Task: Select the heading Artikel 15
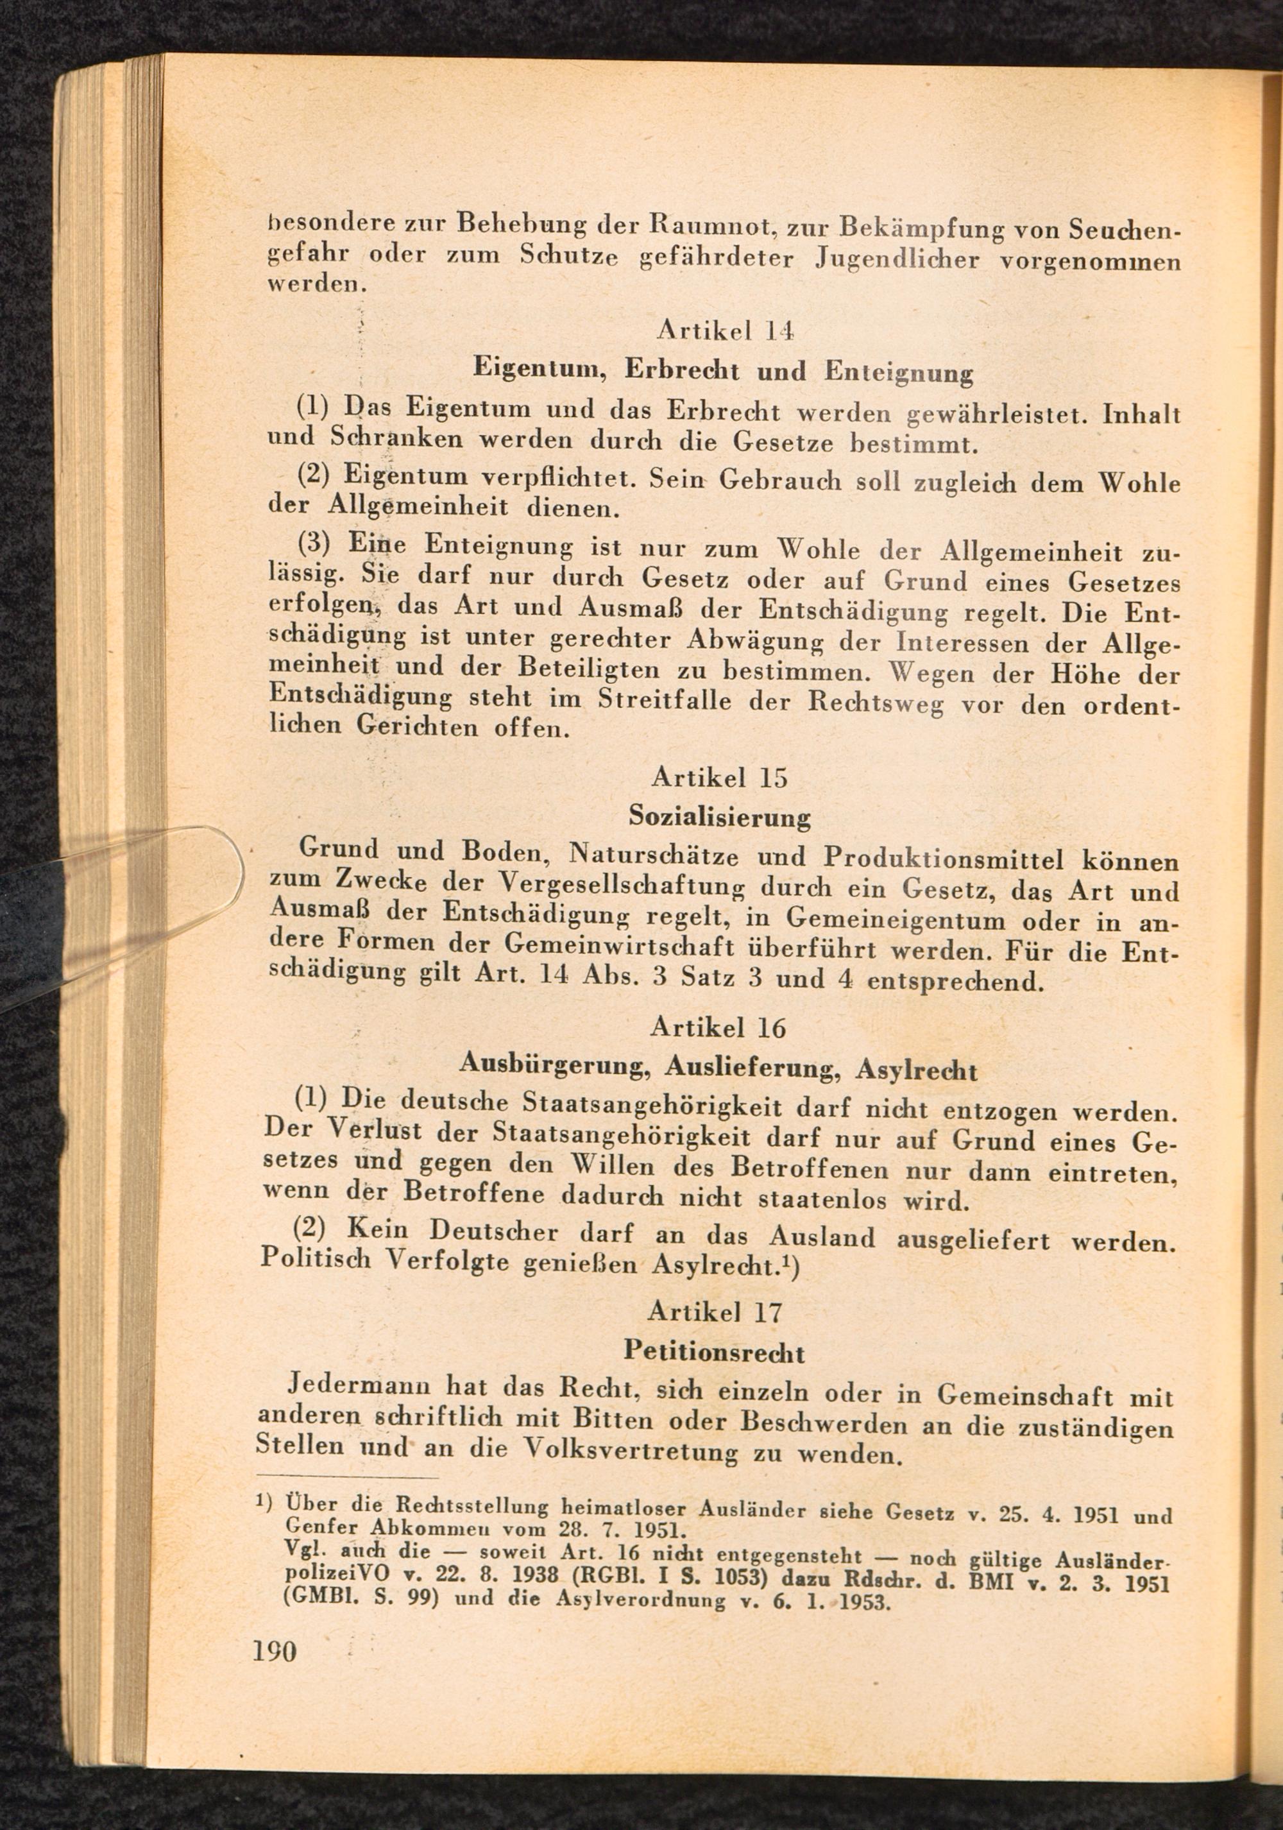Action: point(720,776)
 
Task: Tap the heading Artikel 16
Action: point(718,1027)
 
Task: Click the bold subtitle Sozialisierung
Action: point(720,816)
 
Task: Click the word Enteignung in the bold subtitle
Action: point(899,372)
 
